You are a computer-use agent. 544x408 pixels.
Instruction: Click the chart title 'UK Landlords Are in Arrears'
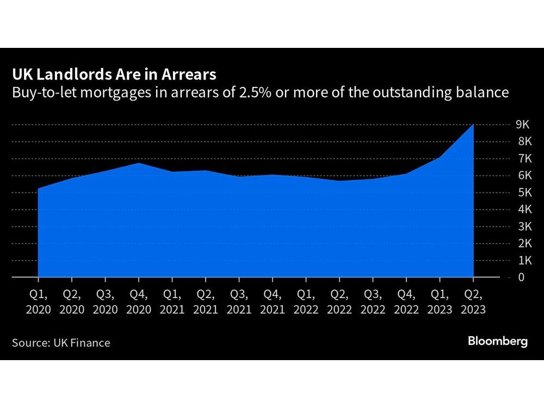coord(114,74)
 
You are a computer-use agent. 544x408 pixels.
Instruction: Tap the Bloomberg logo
coord(498,342)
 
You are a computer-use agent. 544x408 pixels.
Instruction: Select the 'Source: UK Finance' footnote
coord(61,343)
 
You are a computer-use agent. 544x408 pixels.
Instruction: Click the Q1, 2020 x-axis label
coord(38,301)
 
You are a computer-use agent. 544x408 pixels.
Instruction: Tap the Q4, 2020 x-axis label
coord(139,301)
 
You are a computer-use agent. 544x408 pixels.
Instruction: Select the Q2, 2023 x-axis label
coord(473,301)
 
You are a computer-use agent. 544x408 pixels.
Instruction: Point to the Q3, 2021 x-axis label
coord(239,301)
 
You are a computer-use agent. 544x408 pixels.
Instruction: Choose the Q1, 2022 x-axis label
coord(306,301)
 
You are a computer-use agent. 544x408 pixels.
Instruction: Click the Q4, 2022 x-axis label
coord(406,301)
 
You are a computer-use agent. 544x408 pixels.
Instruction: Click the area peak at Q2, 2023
coord(473,125)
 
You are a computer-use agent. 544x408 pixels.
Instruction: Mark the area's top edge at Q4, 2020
coord(139,163)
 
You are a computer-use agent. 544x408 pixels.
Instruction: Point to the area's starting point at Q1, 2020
coord(38,189)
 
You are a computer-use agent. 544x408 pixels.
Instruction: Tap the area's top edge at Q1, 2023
coord(440,158)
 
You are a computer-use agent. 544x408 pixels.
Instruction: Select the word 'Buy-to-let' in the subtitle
coord(39,92)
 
